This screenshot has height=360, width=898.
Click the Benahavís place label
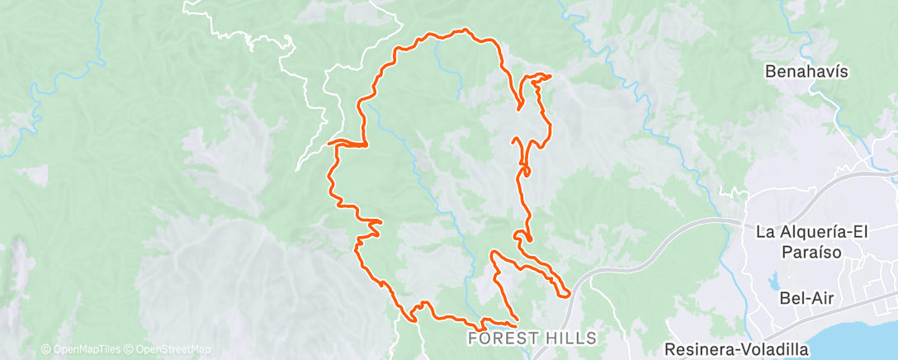click(806, 71)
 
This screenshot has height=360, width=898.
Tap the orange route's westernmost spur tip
click(329, 144)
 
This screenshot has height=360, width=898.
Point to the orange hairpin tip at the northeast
click(549, 76)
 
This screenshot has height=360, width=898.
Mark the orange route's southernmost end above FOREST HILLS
click(516, 318)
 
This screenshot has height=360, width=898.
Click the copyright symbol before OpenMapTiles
click(45, 349)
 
